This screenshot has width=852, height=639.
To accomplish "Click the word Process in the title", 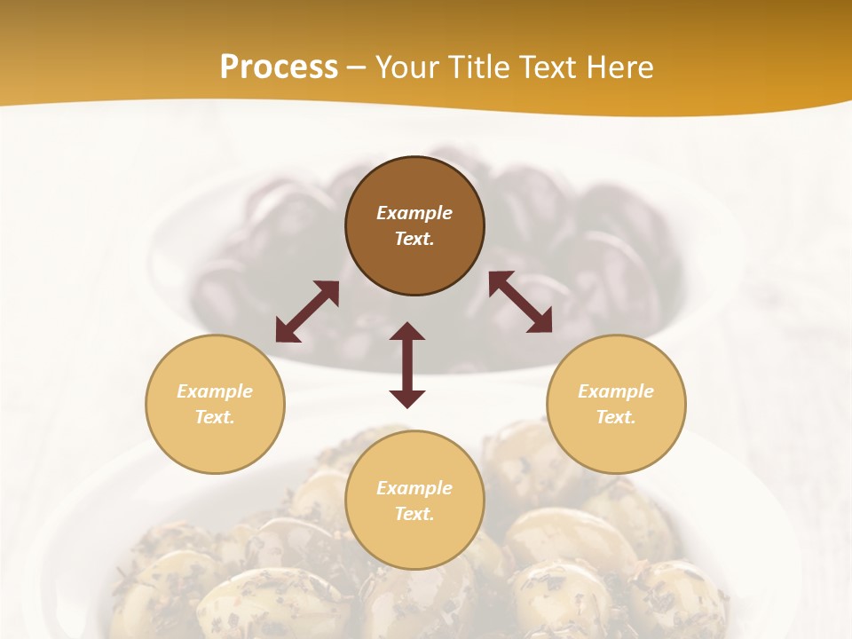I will [x=279, y=67].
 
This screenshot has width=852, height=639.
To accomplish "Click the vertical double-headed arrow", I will [x=407, y=365].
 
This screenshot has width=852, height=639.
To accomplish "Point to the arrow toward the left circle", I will [x=307, y=312].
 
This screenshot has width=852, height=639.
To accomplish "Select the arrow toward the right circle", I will [x=520, y=302].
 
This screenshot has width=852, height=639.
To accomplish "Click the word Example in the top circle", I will [x=414, y=213].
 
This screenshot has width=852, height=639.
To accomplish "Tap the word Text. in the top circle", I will [x=414, y=239].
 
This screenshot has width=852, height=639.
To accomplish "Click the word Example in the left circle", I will [x=215, y=391].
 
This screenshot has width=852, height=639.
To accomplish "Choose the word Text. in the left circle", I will [x=215, y=417].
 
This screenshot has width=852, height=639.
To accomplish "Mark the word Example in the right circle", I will [x=616, y=391].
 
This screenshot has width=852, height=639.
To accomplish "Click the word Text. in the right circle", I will [x=616, y=417].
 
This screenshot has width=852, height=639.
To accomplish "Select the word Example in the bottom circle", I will [x=414, y=488].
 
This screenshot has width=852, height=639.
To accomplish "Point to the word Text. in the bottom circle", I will [x=414, y=514].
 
